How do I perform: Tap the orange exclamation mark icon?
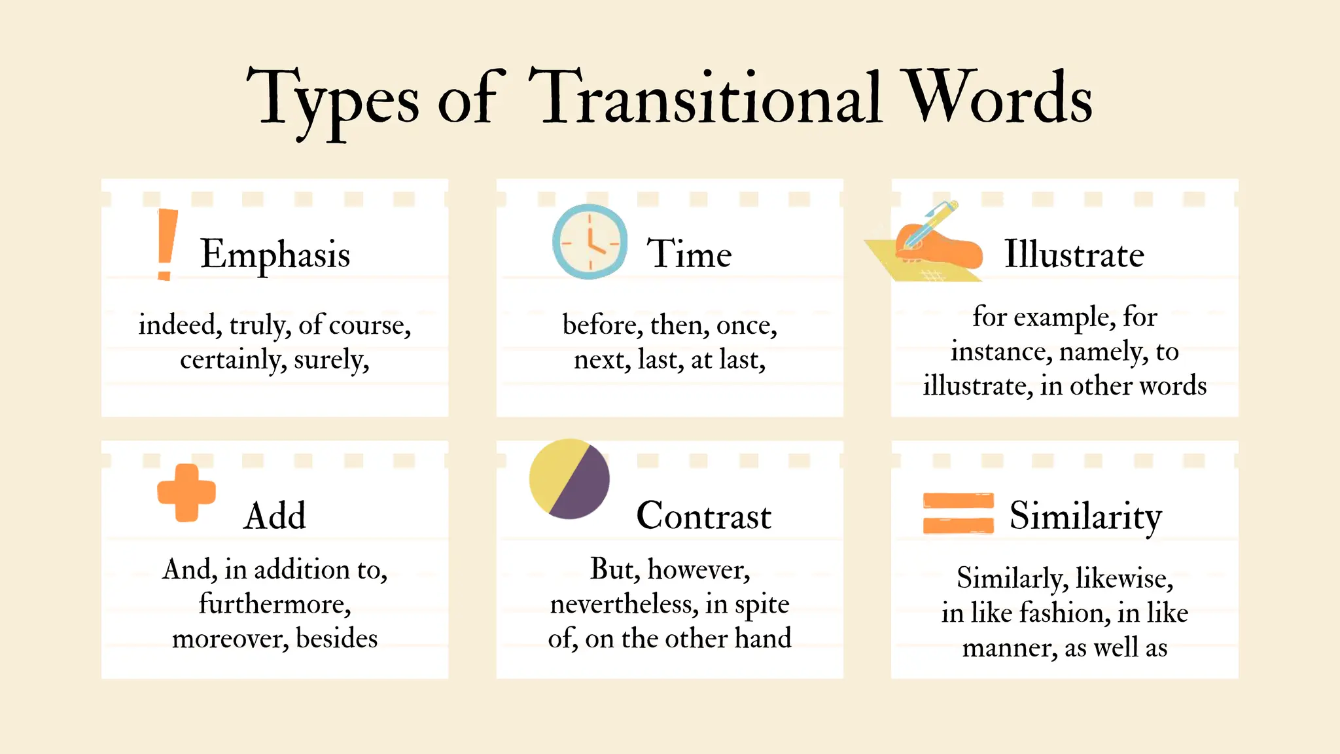167,244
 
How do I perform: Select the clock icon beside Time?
590,242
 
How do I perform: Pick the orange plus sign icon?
186,493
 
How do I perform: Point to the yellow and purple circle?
569,478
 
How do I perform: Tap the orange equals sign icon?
958,512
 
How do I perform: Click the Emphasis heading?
275,254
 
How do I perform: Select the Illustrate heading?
1074,254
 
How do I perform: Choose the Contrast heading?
703,516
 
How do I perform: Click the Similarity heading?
1085,516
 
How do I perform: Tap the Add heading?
275,516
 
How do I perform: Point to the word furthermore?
275,603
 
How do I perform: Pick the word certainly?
232,359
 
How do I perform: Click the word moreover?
230,638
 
